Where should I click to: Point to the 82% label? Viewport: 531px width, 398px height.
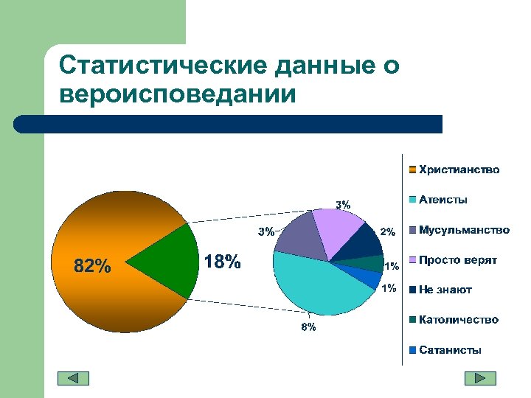pos(93,266)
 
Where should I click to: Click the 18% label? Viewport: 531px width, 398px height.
pos(222,262)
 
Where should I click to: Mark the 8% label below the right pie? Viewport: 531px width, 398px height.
pos(308,327)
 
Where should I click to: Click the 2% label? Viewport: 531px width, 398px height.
pos(388,232)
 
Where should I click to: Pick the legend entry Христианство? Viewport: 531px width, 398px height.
pos(459,170)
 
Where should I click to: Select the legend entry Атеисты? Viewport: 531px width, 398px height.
pos(442,200)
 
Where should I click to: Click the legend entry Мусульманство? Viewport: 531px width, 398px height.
pos(463,230)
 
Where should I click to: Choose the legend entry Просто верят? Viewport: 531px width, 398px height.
pos(457,260)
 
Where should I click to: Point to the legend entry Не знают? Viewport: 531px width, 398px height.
pos(445,290)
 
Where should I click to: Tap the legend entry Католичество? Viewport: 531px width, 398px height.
pos(458,320)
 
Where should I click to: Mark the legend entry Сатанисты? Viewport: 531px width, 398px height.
pos(450,350)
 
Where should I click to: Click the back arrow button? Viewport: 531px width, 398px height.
pos(73,378)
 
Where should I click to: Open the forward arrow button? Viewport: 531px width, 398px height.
pos(480,378)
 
